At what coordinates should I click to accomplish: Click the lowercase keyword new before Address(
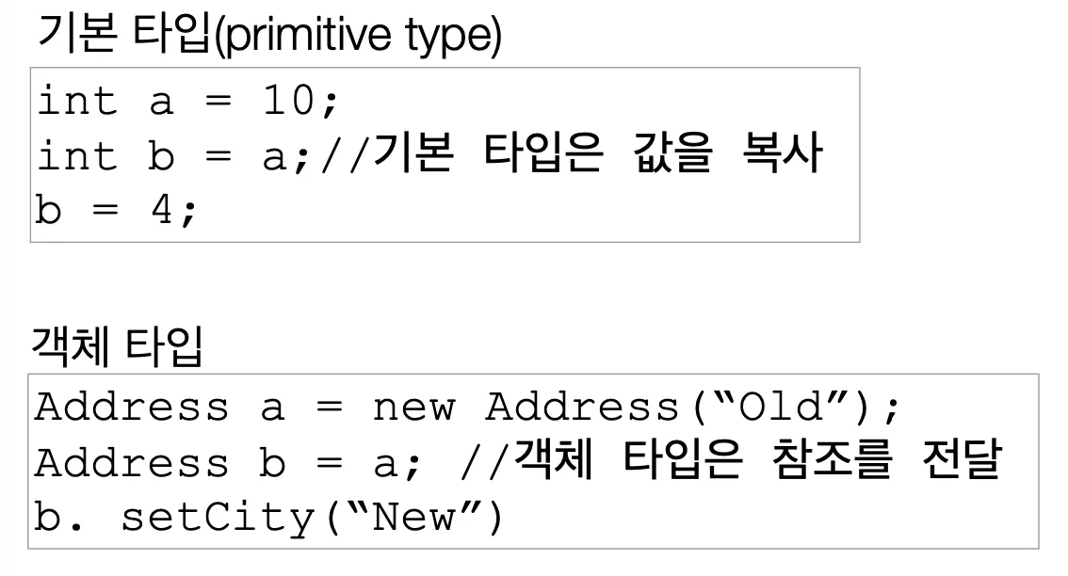click(x=413, y=408)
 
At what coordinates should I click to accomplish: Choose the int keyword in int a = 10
click(x=77, y=102)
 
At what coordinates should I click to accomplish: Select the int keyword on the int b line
click(x=77, y=157)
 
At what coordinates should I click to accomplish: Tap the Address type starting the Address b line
click(x=132, y=464)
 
